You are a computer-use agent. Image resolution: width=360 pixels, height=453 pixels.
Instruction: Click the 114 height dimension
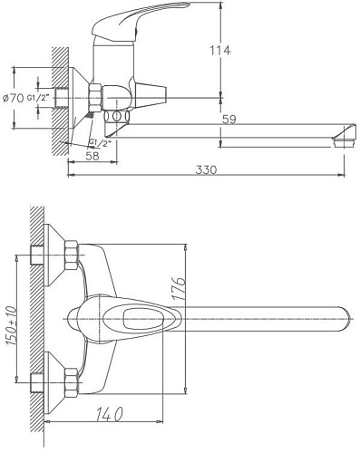pyautogui.click(x=238, y=51)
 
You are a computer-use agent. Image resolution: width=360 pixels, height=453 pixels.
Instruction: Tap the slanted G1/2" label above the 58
pyautogui.click(x=99, y=141)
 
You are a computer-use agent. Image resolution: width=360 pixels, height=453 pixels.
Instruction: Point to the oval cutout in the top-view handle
pyautogui.click(x=132, y=319)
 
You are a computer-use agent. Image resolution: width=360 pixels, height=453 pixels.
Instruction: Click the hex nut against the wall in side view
pyautogui.click(x=94, y=97)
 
